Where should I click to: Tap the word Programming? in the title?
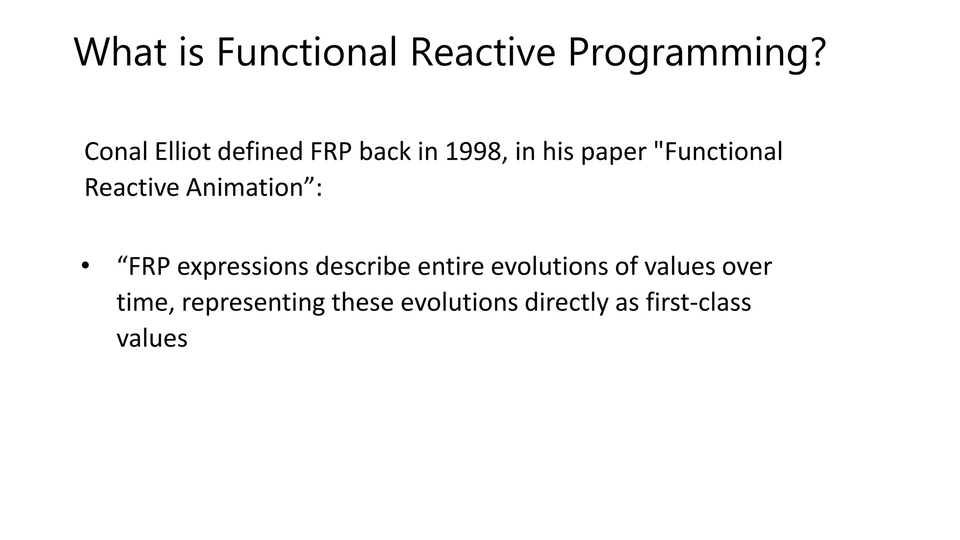click(x=697, y=52)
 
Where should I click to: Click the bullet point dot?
click(x=84, y=266)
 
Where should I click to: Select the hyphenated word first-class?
click(x=698, y=302)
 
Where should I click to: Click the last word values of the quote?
click(x=152, y=338)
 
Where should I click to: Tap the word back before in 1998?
click(x=384, y=152)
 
